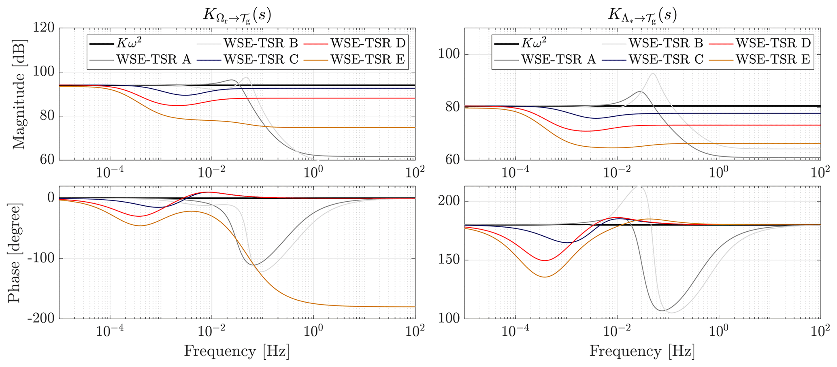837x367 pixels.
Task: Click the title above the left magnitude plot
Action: [x=237, y=15]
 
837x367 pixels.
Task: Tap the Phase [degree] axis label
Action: [x=15, y=252]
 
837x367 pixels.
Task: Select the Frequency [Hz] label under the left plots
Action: [x=237, y=351]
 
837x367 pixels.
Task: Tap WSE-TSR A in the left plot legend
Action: [x=153, y=60]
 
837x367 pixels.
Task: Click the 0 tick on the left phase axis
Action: [x=51, y=198]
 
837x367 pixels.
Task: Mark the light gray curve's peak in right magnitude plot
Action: [x=653, y=73]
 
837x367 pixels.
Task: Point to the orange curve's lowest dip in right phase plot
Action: [x=545, y=277]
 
